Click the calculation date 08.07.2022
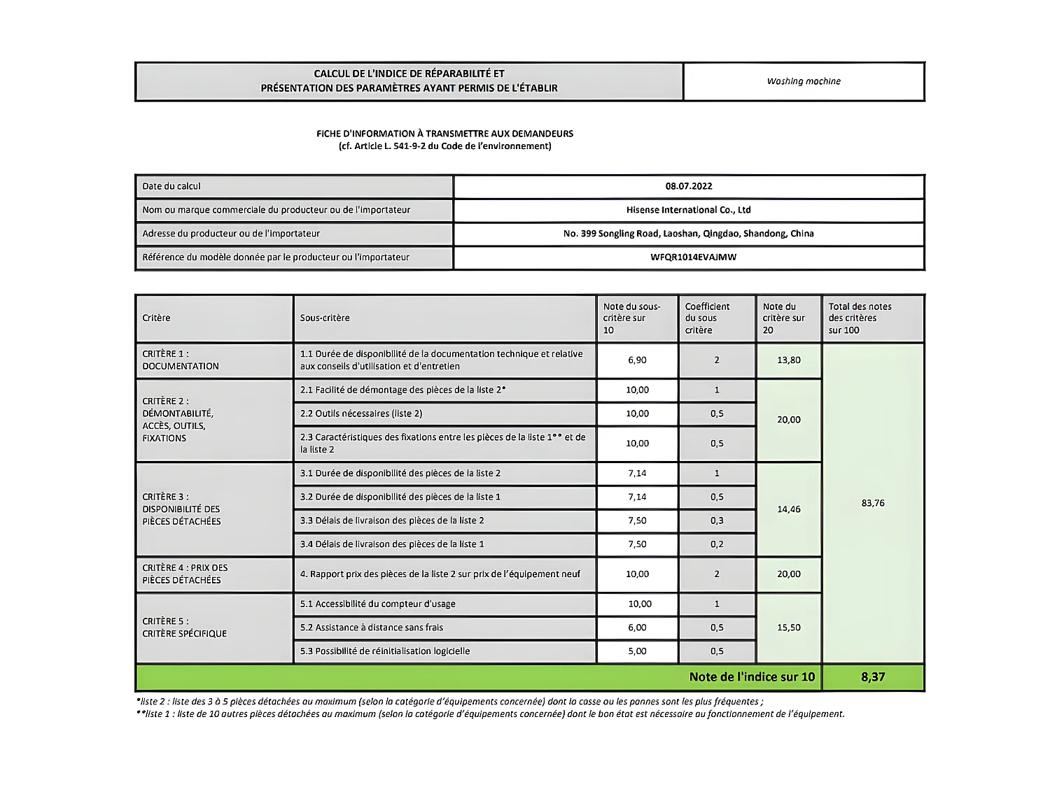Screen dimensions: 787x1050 coord(689,186)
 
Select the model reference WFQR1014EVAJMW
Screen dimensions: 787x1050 coord(693,257)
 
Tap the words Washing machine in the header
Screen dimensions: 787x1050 coord(804,81)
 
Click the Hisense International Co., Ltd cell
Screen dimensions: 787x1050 coord(688,210)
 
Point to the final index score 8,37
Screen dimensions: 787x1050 coord(873,676)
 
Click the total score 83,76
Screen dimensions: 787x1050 coord(873,503)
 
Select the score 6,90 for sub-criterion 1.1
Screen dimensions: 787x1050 coord(637,360)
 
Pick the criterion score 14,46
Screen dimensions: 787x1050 coord(789,509)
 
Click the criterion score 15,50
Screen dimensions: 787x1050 coord(789,628)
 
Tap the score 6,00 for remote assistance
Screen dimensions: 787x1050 coord(637,628)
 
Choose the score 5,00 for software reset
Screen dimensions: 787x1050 coord(637,651)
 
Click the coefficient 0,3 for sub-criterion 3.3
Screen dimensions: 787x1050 coord(717,520)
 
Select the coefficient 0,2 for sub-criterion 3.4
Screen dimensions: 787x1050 coord(717,544)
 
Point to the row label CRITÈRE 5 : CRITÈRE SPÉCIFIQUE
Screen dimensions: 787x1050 coord(185,628)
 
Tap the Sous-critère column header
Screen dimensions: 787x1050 coord(325,318)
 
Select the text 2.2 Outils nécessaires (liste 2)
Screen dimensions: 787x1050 coord(361,413)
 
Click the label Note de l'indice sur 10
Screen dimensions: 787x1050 coord(752,676)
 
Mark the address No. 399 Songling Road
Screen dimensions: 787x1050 coord(688,234)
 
